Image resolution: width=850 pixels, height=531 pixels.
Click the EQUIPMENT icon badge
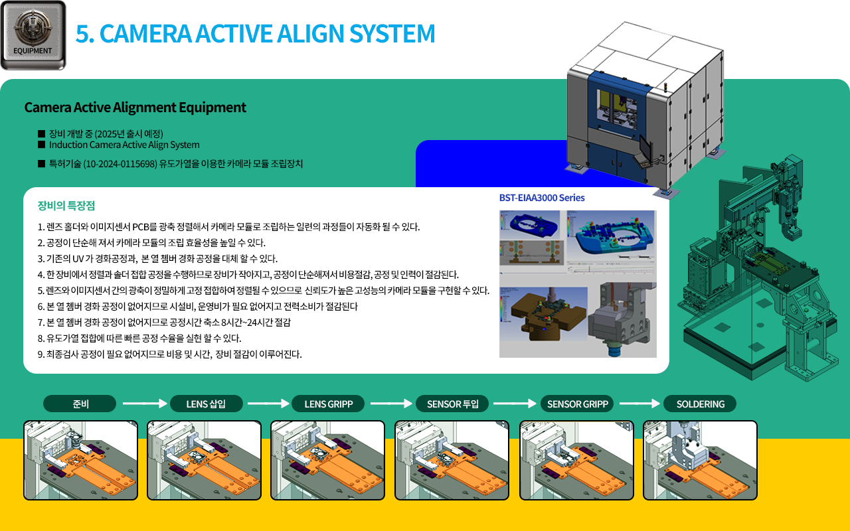[33, 35]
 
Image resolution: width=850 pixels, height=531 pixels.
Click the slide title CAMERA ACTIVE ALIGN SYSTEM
[256, 33]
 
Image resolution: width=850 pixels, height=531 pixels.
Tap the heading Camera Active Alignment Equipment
[135, 108]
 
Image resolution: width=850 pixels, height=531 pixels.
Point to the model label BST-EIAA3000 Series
[542, 198]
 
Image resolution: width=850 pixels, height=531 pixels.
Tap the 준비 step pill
[80, 404]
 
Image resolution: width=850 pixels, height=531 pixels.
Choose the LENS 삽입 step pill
[206, 404]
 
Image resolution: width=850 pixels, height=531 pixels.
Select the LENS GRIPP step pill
[328, 404]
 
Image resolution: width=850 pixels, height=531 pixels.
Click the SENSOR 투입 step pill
[452, 404]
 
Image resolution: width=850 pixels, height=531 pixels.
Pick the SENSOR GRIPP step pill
[577, 404]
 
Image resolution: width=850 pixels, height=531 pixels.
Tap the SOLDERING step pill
[700, 404]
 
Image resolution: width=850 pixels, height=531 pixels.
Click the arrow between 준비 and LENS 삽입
[143, 403]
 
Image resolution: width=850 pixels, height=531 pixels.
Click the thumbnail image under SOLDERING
[700, 460]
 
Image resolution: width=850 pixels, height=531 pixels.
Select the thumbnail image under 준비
[80, 460]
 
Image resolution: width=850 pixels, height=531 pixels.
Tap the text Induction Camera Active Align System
[124, 145]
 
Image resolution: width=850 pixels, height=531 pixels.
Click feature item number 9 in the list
[170, 354]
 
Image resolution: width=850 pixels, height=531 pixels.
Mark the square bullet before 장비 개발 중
[41, 133]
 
